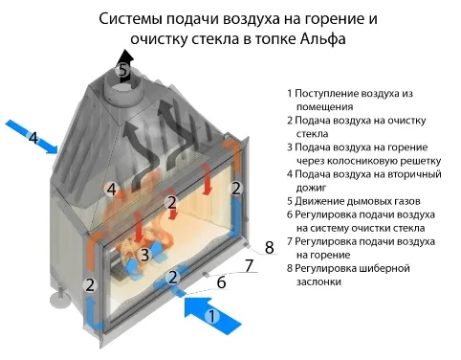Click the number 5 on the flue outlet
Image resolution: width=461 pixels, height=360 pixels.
[x=122, y=70]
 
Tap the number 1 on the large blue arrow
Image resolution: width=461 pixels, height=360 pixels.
[x=212, y=314]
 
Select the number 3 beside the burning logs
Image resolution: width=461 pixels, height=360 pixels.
[x=144, y=255]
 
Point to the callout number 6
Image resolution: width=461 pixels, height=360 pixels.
[x=221, y=282]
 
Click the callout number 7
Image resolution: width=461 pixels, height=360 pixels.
[x=249, y=265]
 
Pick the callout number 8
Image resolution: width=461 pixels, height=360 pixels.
[x=269, y=248]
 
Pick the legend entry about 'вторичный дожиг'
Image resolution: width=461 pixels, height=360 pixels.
[x=363, y=181]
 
